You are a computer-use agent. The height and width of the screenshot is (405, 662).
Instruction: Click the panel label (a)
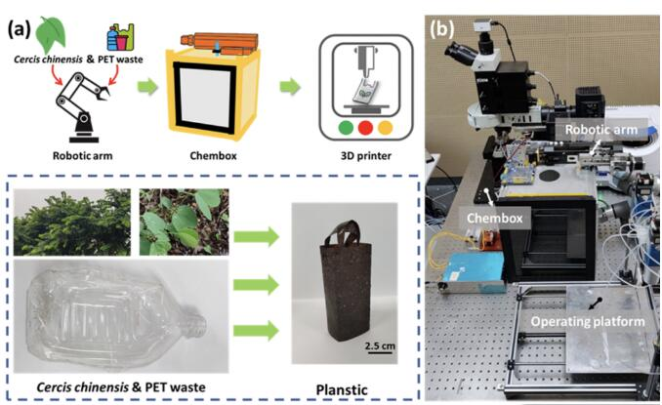pos(19,28)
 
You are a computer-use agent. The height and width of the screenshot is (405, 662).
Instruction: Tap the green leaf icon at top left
pos(50,37)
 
